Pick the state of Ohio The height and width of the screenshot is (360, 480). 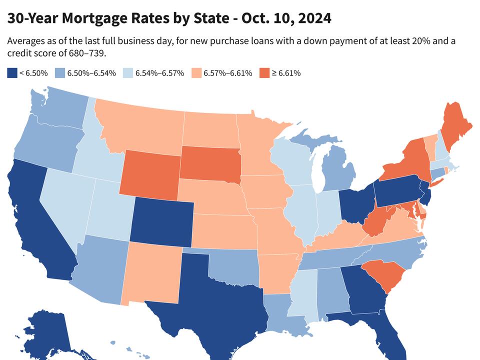pyautogui.click(x=356, y=202)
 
